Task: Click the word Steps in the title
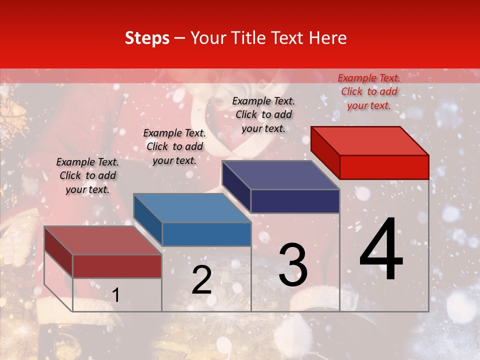[x=147, y=38]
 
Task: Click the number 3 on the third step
[x=293, y=265]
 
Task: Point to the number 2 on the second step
[x=201, y=280]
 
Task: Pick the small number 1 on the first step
[x=115, y=295]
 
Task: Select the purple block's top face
[x=280, y=175]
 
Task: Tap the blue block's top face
[x=192, y=208]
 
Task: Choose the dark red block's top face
[x=103, y=240]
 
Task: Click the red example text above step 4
[x=369, y=91]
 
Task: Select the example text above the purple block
[x=263, y=114]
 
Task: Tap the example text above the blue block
[x=174, y=146]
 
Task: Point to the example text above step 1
[x=87, y=175]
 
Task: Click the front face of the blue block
[x=206, y=234]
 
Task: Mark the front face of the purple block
[x=295, y=201]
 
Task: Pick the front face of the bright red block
[x=384, y=167]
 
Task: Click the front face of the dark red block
[x=117, y=266]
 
